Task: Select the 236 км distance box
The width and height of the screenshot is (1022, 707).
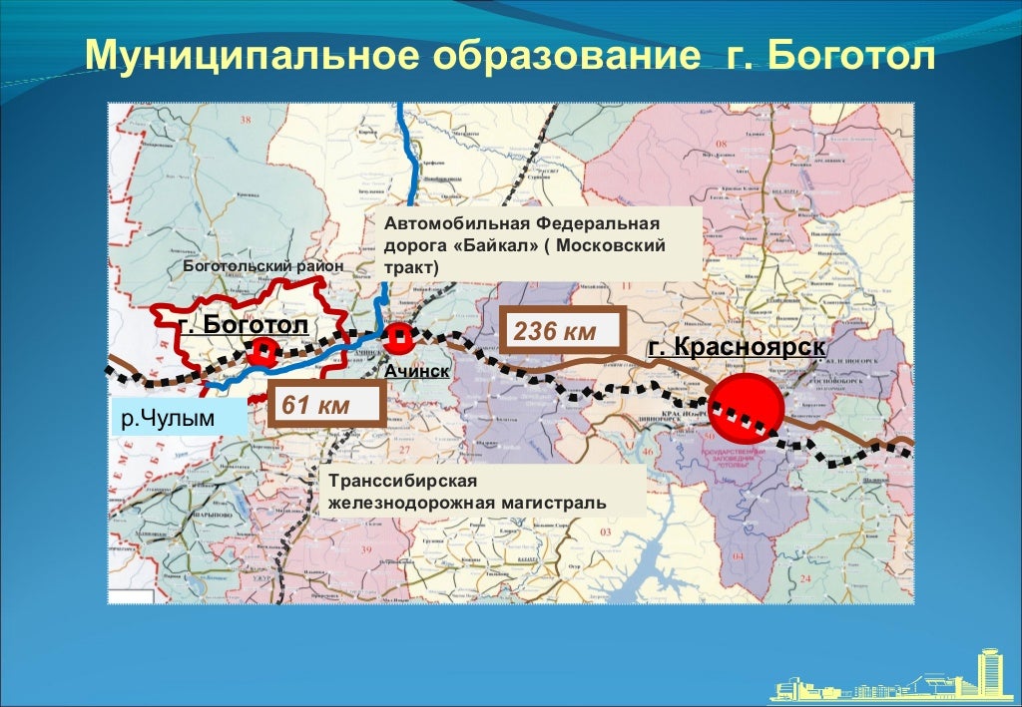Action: coord(562,331)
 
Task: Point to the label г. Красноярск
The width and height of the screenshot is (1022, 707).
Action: coord(737,347)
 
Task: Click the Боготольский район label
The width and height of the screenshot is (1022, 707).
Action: coord(262,267)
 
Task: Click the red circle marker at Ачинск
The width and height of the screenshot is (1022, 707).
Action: coord(398,340)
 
